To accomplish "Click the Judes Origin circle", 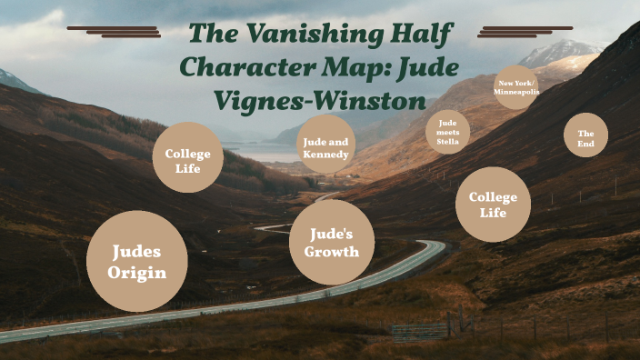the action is point(137,261).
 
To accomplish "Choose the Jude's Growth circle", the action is point(332,242).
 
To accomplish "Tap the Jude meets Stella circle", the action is point(447,132).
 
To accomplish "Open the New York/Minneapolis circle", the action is point(515,88).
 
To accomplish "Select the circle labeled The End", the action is point(585,135).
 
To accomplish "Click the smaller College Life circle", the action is point(188,157).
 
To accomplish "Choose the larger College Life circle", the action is point(493,205).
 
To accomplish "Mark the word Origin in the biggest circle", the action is point(137,273).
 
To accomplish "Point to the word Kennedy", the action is point(325,155).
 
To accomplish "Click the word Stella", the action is point(447,142).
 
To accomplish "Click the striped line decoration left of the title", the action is point(115,32).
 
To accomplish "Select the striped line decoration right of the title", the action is point(525,32).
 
